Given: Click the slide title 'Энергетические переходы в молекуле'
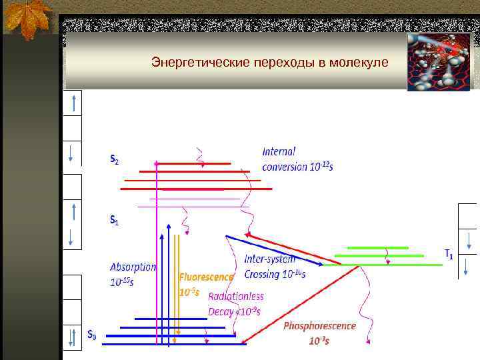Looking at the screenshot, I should point(269,63).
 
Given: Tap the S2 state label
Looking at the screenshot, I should point(115,160).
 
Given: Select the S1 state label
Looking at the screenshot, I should point(115,219).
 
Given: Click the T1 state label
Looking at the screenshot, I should point(450,254).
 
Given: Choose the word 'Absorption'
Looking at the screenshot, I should point(133,267).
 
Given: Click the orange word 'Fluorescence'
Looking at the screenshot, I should point(206,276).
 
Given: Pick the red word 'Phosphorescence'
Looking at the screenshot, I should point(319,326).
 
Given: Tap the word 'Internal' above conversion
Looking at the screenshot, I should point(279,151).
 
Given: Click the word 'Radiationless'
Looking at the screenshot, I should point(235,296).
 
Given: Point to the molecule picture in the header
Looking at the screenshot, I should point(439,61).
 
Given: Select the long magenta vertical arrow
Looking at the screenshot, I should point(157,253).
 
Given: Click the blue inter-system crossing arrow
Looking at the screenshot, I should point(273,251).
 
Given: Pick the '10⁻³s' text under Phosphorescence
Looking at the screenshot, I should point(319,341).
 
